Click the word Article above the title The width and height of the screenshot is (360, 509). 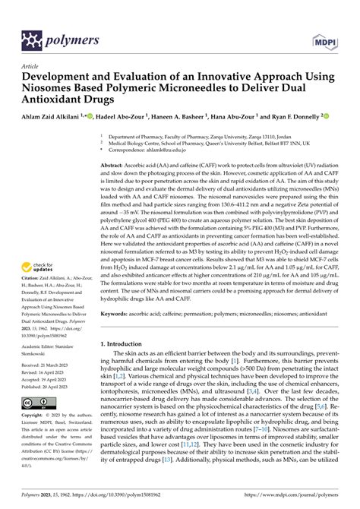(32, 66)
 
